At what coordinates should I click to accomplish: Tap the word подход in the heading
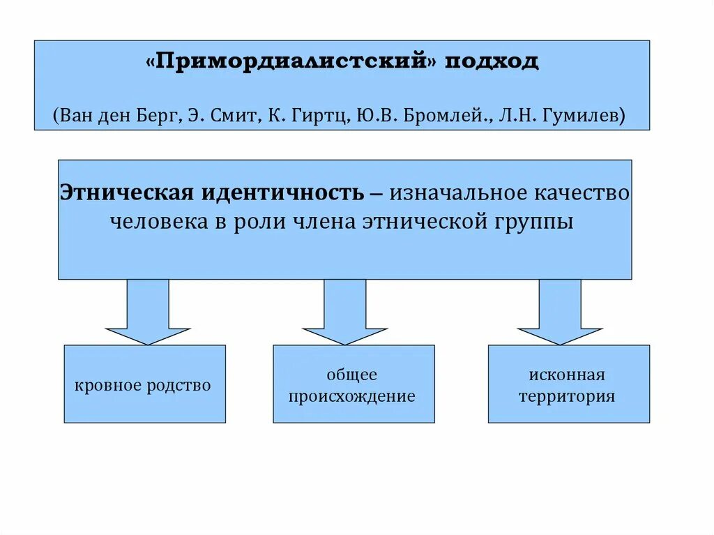click(x=496, y=61)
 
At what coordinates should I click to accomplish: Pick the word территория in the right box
click(x=566, y=397)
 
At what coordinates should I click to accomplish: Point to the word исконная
click(x=566, y=375)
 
